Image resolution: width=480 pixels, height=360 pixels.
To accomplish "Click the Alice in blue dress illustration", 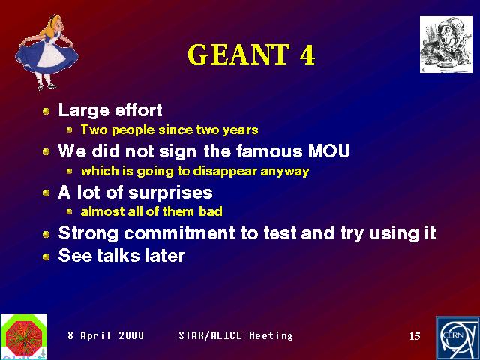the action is pos(47,52).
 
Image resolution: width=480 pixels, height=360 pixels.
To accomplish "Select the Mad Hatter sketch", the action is pos(446,44).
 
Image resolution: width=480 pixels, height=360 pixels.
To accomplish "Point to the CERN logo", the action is pos(457,338).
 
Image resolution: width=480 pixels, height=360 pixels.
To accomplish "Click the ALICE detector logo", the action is pos(24,337).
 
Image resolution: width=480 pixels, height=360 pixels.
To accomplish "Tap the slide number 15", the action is pos(415,336).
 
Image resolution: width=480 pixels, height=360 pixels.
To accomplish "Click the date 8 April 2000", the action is pos(106,335).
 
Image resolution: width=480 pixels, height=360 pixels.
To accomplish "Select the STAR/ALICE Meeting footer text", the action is pos(235,335).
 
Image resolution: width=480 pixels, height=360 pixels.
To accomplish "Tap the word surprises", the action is pos(170,193).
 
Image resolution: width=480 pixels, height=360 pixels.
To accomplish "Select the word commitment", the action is pos(179,233).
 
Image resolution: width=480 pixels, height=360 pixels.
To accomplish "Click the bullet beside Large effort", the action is pos(46,111).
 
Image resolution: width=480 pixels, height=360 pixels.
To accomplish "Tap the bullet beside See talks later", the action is pos(46,256).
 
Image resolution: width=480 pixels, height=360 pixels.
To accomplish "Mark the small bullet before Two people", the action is pos(70,130).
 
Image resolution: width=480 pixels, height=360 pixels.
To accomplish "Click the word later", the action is pos(164,256).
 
